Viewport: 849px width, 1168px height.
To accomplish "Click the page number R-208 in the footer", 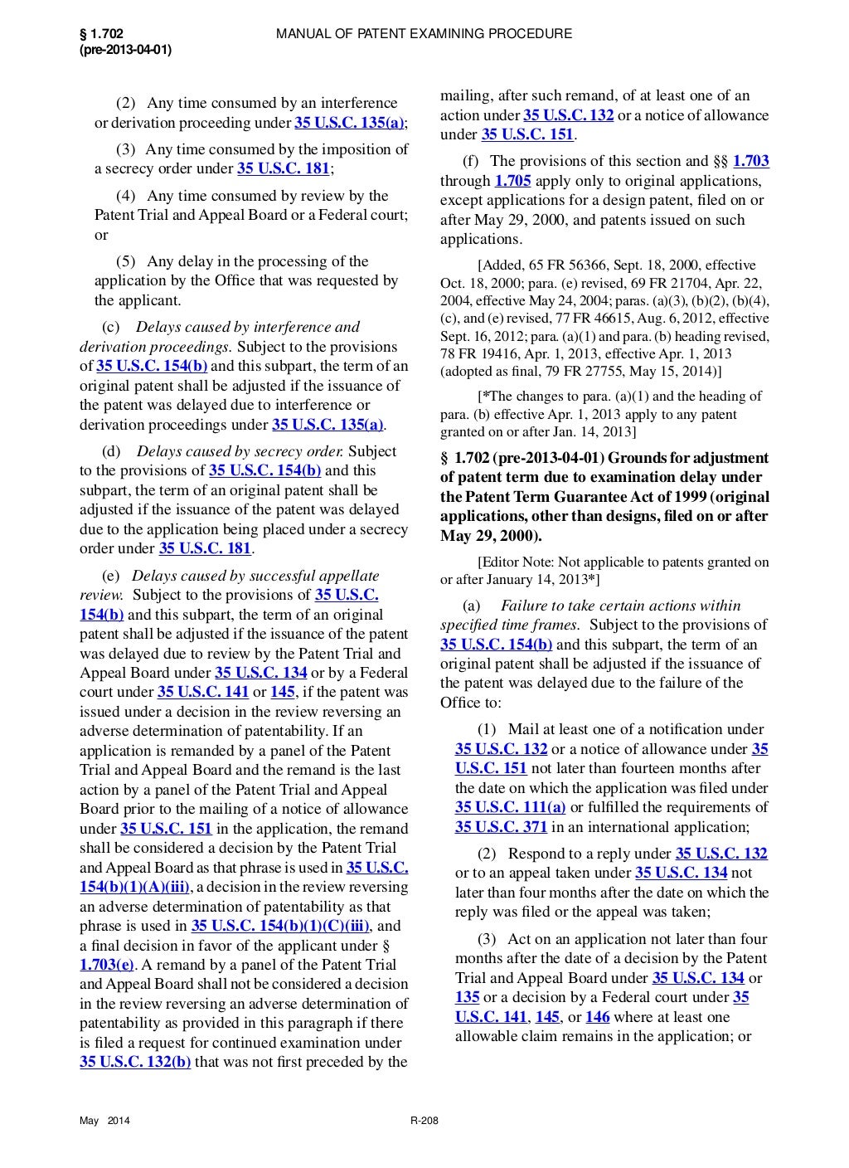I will click(424, 1122).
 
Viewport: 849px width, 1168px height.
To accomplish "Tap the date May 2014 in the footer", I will click(104, 1122).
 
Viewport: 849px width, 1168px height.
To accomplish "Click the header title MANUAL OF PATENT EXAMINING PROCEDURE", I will click(424, 34).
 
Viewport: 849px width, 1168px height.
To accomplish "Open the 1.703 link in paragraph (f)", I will click(750, 161).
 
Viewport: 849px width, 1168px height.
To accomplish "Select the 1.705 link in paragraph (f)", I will click(512, 181).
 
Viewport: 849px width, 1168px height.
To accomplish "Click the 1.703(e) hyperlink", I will click(107, 965).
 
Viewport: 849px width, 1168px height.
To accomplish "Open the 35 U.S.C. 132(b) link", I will click(135, 1062).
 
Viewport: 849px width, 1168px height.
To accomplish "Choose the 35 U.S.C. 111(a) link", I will click(510, 807).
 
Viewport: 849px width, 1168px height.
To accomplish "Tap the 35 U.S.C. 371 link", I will click(501, 827).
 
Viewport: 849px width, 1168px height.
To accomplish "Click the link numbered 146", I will click(597, 1017).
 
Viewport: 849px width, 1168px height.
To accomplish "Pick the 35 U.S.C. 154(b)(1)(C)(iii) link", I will click(281, 926).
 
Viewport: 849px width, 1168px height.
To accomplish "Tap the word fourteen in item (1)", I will click(638, 768).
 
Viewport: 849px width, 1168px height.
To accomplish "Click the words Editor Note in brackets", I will click(520, 562).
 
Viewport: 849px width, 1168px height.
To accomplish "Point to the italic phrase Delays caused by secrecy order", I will click(240, 451).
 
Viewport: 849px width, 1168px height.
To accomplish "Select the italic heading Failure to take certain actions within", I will click(620, 606).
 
